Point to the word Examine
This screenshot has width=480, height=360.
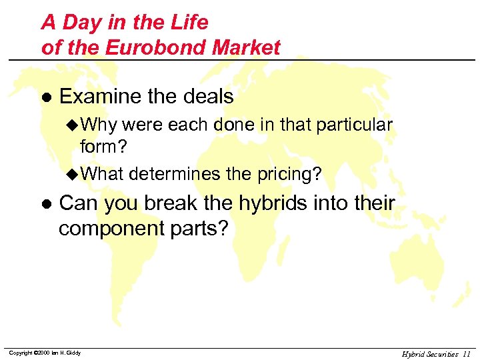pos(101,97)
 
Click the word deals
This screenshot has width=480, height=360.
pos(208,97)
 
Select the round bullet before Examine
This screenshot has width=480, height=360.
pos(46,97)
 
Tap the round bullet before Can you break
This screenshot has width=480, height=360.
pos(46,203)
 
